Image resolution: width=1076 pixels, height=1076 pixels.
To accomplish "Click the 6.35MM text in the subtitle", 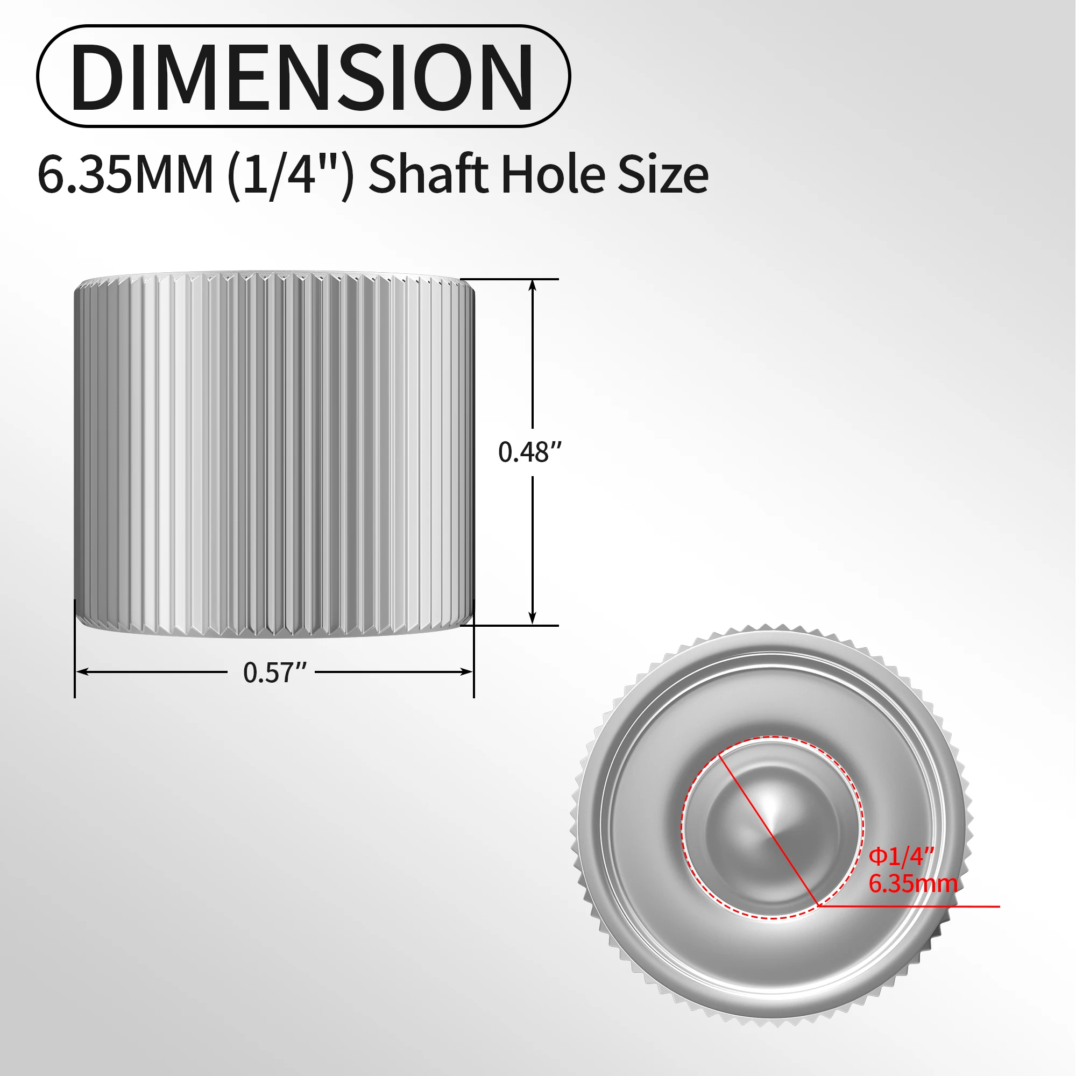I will tap(125, 174).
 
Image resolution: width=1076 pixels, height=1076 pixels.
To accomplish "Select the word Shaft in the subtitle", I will tap(428, 174).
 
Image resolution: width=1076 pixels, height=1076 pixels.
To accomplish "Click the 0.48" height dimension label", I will tap(529, 452).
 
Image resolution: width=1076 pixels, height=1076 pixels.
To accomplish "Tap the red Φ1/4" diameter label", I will tap(901, 856).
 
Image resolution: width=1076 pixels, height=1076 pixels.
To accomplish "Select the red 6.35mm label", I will tap(912, 884).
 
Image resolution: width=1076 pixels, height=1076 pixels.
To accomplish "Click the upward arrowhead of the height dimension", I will tap(533, 285).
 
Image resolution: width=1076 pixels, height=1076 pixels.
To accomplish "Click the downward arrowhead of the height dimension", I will tap(533, 619).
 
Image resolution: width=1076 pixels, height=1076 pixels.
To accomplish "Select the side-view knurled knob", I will tap(274, 454).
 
